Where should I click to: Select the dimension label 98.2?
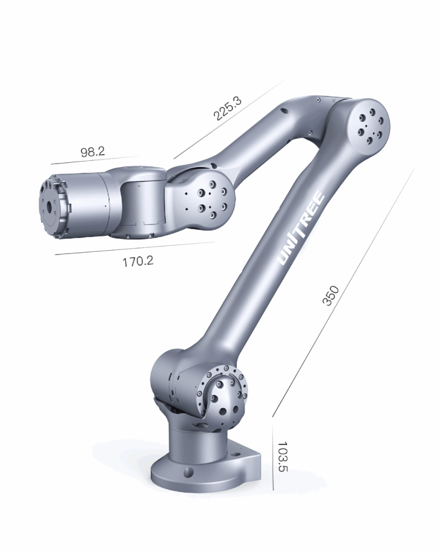[x=93, y=152]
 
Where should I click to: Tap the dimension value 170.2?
[x=138, y=262]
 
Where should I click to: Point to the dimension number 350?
[x=331, y=296]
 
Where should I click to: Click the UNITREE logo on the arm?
[x=302, y=230]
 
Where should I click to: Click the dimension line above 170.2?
[x=135, y=248]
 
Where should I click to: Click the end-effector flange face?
[x=51, y=205]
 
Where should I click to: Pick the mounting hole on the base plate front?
[x=188, y=473]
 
